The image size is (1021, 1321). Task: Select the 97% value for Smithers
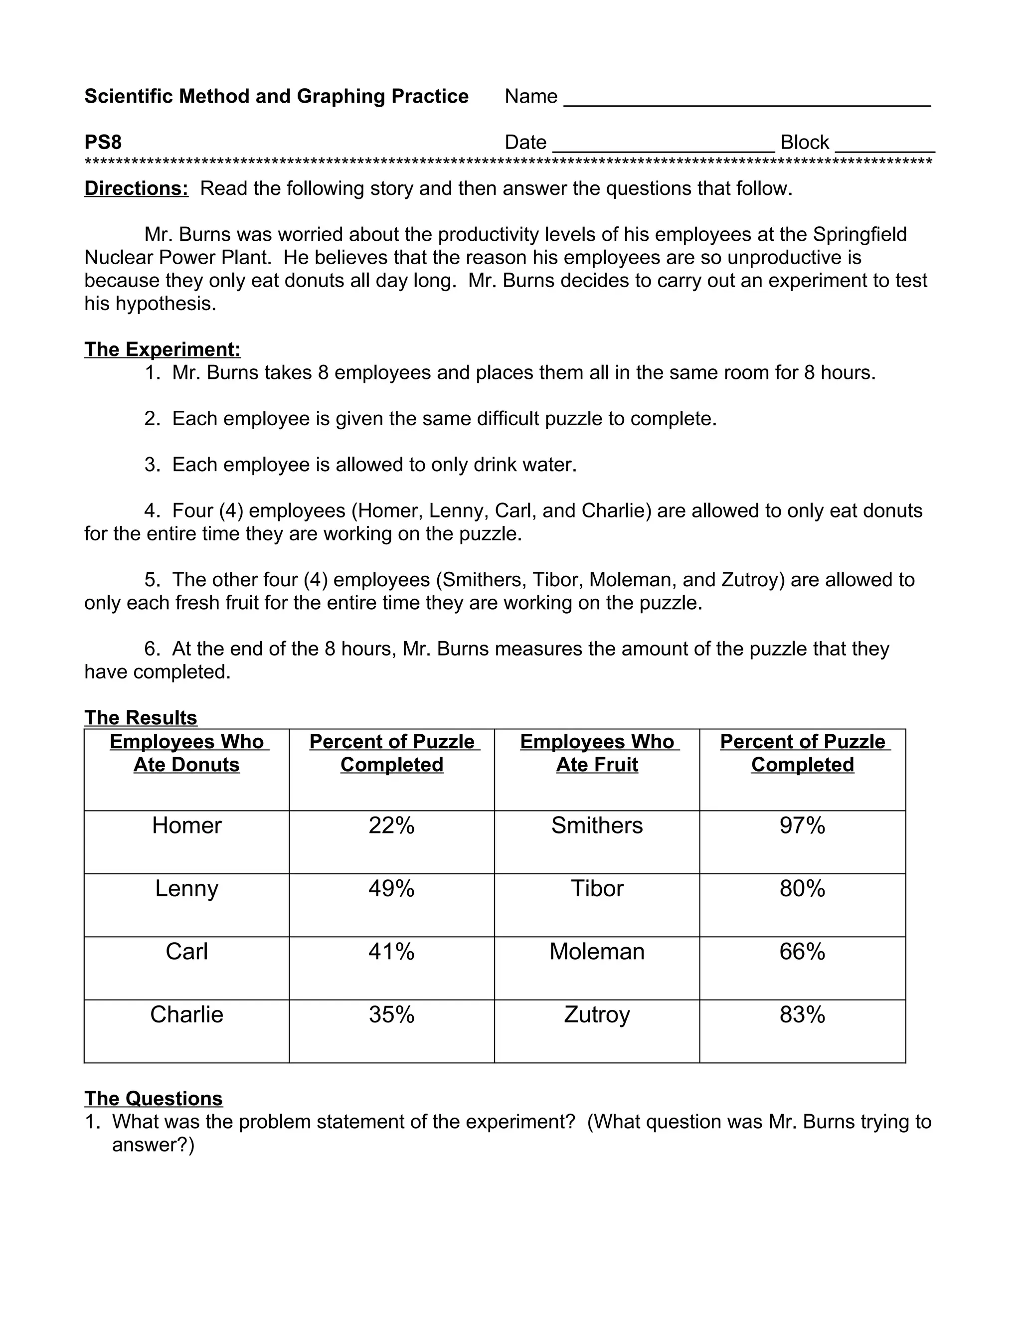point(802,825)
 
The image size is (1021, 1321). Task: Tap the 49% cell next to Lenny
point(391,888)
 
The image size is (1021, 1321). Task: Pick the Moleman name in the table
point(596,952)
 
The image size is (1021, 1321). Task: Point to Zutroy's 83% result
point(802,1014)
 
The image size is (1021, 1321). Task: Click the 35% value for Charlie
point(391,1014)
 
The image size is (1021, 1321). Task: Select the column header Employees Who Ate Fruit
point(596,753)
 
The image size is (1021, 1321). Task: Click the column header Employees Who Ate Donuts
point(186,753)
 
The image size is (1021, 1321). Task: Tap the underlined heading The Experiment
point(162,349)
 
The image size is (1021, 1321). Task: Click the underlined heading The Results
point(140,717)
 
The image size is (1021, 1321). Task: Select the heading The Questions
point(153,1098)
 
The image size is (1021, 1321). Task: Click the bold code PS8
point(103,142)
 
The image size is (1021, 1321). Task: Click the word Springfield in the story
point(859,234)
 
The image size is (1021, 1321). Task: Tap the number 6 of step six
point(151,649)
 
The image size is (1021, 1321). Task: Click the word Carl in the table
point(186,952)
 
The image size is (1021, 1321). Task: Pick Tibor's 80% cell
point(802,888)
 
